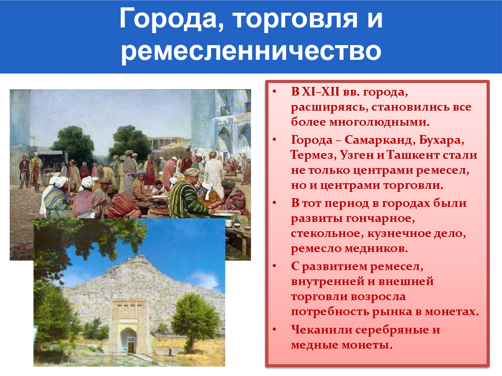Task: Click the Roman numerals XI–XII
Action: [x=321, y=92]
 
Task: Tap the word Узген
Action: [x=357, y=155]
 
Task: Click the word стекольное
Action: [x=327, y=233]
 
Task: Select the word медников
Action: [x=376, y=248]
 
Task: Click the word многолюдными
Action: [x=380, y=122]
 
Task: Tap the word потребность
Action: [x=330, y=312]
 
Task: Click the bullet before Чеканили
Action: [x=274, y=330]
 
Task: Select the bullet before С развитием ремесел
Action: [x=274, y=266]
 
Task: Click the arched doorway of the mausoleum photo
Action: [x=129, y=341]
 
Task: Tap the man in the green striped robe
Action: [x=187, y=194]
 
